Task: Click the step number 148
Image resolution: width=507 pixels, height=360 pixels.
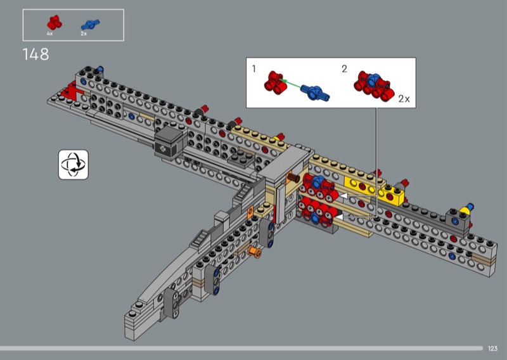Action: click(x=35, y=54)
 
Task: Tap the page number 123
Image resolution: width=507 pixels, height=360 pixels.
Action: click(x=492, y=349)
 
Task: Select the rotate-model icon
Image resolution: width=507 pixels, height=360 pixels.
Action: click(x=74, y=164)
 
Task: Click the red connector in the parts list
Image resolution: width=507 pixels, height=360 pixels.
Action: click(x=54, y=23)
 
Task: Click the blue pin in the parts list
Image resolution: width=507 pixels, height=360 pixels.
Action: click(x=90, y=24)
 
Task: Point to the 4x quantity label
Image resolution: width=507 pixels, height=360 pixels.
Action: click(x=50, y=34)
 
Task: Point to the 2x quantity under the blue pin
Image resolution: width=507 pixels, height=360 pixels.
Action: click(x=84, y=34)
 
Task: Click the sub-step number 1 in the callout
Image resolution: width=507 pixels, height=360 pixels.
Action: click(x=254, y=68)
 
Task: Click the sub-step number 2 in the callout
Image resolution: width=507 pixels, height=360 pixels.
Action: click(x=344, y=68)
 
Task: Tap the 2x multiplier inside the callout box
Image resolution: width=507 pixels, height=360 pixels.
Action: click(x=404, y=99)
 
